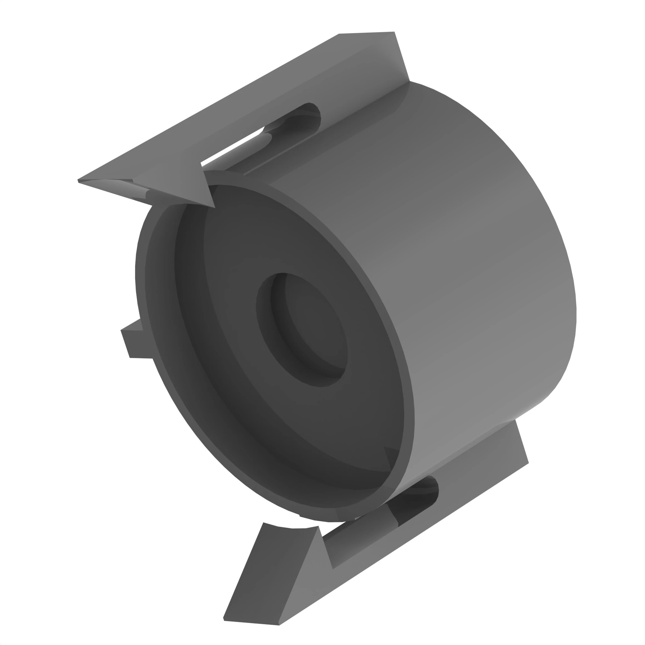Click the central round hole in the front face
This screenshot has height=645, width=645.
(x=302, y=329)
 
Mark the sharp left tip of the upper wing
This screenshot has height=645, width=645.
(x=79, y=181)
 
